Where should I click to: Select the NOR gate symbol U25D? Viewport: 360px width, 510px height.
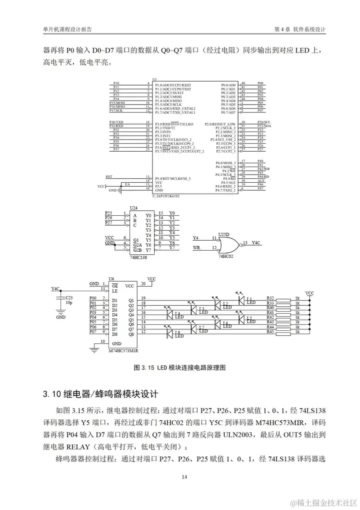pos(228,244)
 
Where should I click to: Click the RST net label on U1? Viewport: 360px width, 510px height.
pos(109,177)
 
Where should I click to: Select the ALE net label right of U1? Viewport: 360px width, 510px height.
pos(260,181)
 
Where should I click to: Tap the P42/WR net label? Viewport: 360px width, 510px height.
pos(263,169)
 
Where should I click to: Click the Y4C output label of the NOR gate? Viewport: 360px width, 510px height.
pos(256,243)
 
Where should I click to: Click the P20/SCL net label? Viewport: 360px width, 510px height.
pos(263,122)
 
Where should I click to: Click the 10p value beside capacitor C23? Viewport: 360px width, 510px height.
pos(69,303)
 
